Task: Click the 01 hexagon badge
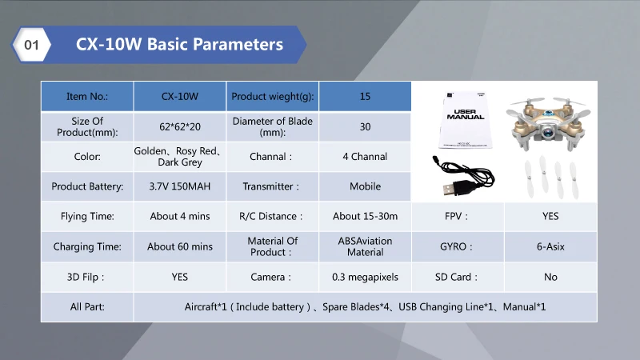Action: pyautogui.click(x=31, y=45)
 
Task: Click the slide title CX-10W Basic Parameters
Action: pyautogui.click(x=179, y=44)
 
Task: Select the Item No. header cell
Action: pyautogui.click(x=87, y=96)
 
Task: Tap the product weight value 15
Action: pyautogui.click(x=365, y=96)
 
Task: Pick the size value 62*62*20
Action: pyautogui.click(x=179, y=126)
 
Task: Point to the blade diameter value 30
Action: pyautogui.click(x=365, y=126)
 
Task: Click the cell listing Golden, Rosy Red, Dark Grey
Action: pyautogui.click(x=179, y=156)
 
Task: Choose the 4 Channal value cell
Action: pyautogui.click(x=365, y=156)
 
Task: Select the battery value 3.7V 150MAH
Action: pyautogui.click(x=179, y=186)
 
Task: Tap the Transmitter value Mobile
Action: pyautogui.click(x=365, y=186)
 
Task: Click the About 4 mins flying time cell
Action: pyautogui.click(x=179, y=216)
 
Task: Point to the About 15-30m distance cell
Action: pyautogui.click(x=365, y=216)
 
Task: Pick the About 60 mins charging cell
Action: pyautogui.click(x=179, y=246)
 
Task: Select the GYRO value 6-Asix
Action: pyautogui.click(x=550, y=246)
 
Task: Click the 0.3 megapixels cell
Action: pyautogui.click(x=365, y=277)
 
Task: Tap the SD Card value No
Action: pyautogui.click(x=550, y=277)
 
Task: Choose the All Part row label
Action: pyautogui.click(x=87, y=307)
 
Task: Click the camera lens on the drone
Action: pyautogui.click(x=548, y=131)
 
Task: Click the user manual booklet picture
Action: pyautogui.click(x=466, y=120)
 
